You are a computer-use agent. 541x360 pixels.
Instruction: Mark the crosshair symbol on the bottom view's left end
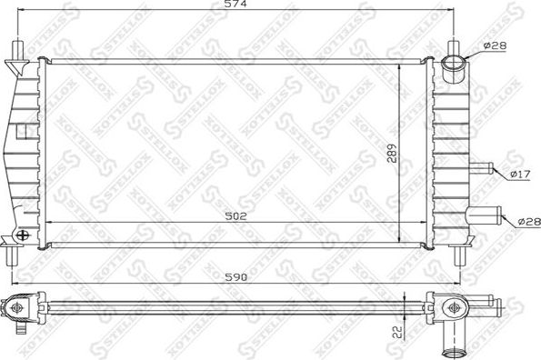tap(17, 309)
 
